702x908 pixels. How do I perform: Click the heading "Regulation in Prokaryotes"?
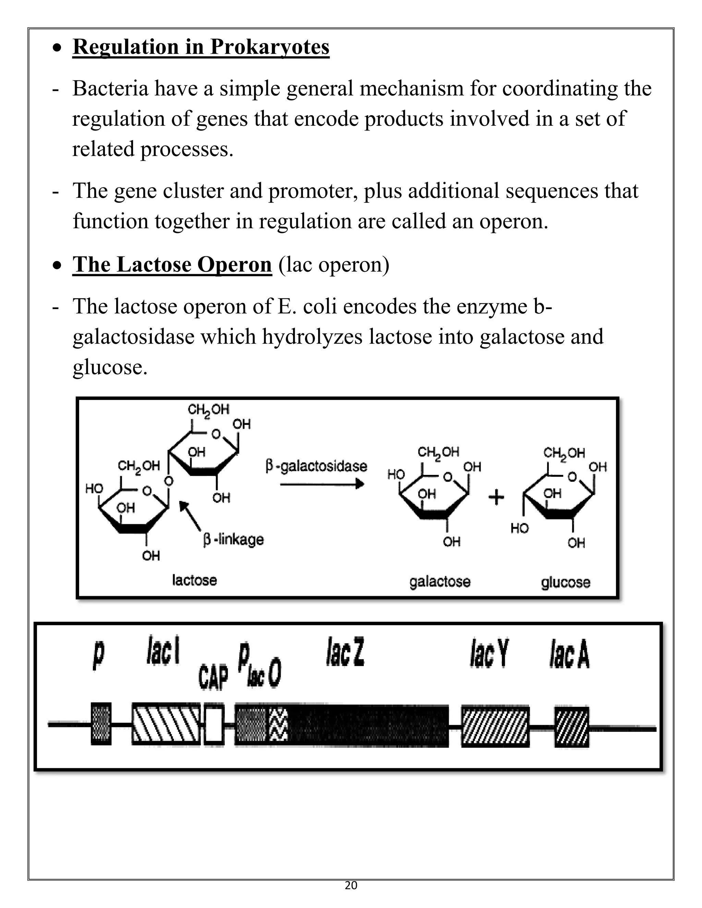click(x=201, y=47)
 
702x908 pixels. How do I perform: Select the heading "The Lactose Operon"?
click(x=172, y=265)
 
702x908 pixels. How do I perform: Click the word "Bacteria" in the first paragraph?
click(x=110, y=88)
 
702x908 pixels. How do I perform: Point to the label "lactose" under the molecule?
click(x=194, y=580)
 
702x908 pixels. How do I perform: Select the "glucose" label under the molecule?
click(x=565, y=582)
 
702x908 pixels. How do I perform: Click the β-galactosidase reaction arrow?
click(x=322, y=484)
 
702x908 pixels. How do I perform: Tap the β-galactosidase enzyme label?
click(x=316, y=466)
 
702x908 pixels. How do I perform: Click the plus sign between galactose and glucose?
click(x=496, y=497)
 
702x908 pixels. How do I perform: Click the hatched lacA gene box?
click(x=572, y=726)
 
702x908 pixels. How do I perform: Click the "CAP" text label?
click(x=213, y=677)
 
